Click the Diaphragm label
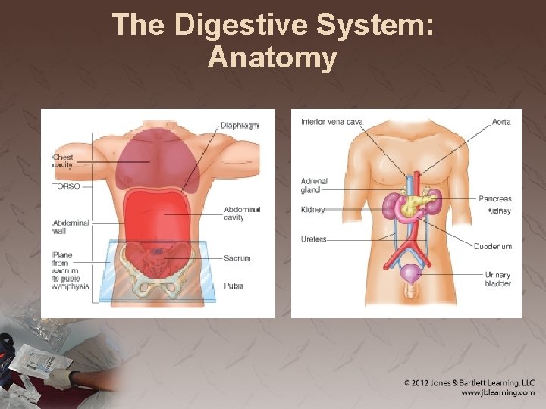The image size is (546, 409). pyautogui.click(x=240, y=126)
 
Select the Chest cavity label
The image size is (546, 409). pyautogui.click(x=63, y=161)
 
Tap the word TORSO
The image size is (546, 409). pyautogui.click(x=66, y=186)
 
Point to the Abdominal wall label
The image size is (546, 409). pyautogui.click(x=71, y=227)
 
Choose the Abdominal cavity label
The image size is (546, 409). pyautogui.click(x=242, y=214)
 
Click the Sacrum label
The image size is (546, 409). pyautogui.click(x=237, y=258)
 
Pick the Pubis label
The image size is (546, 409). pyautogui.click(x=234, y=286)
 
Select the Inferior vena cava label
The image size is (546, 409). pyautogui.click(x=331, y=122)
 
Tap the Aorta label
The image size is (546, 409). pyautogui.click(x=501, y=122)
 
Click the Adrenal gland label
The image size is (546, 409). pyautogui.click(x=314, y=186)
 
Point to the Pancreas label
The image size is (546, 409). pyautogui.click(x=494, y=198)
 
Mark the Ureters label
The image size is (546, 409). pyautogui.click(x=313, y=239)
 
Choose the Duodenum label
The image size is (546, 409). pyautogui.click(x=493, y=246)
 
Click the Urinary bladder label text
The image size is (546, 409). pyautogui.click(x=497, y=279)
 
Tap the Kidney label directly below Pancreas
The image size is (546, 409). pyautogui.click(x=499, y=211)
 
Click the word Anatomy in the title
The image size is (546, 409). pyautogui.click(x=272, y=58)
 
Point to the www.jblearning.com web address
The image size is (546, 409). pyautogui.click(x=497, y=393)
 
